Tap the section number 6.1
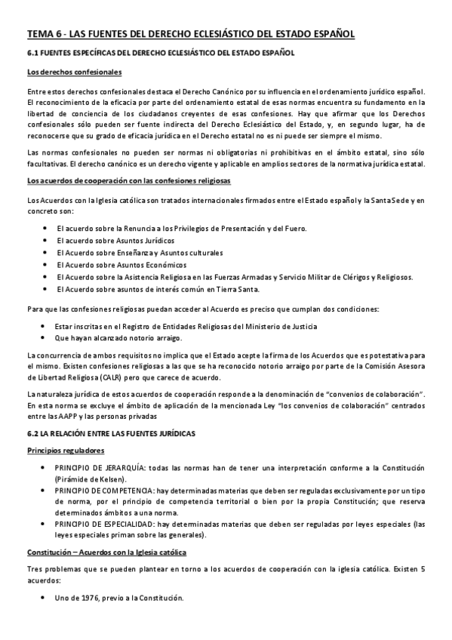pos(33,54)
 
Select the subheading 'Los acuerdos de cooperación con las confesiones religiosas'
pos(129,182)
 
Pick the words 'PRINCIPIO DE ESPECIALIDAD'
pos(103,524)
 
